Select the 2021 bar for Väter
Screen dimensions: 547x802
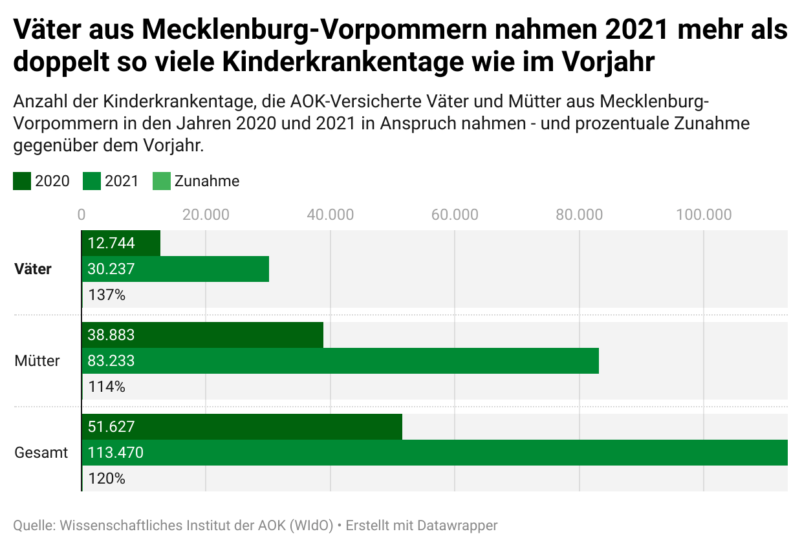(175, 269)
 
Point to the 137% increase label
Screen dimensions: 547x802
(106, 295)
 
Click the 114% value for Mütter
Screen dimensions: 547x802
(106, 387)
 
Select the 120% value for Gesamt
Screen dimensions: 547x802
(106, 479)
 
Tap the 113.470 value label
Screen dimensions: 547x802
(115, 453)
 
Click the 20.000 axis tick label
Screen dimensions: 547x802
(206, 215)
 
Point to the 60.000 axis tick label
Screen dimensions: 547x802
(455, 215)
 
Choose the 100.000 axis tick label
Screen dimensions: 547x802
(704, 215)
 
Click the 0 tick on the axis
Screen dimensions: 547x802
(81, 215)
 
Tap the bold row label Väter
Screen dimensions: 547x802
(33, 269)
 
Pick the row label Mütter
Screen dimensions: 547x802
(37, 361)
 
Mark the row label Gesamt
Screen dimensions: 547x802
(41, 453)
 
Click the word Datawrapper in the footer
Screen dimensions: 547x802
(457, 525)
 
